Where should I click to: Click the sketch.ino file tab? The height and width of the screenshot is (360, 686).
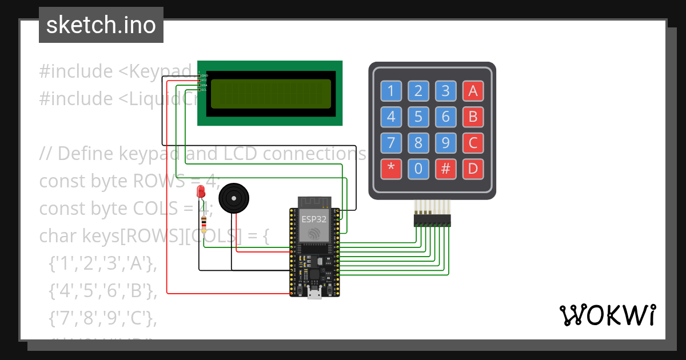pos(101,25)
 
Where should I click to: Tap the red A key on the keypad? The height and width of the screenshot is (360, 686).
pos(473,90)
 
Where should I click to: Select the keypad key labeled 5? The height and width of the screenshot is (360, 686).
pos(418,117)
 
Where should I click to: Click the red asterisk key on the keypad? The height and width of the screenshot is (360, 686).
pos(391,169)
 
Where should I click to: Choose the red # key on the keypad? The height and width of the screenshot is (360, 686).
pos(445,169)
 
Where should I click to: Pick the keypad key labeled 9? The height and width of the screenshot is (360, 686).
pos(445,142)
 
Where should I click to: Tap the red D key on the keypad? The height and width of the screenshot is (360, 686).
pos(473,169)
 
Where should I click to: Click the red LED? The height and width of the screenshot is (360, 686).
pos(201,192)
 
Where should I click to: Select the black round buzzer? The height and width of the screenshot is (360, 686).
pos(234,198)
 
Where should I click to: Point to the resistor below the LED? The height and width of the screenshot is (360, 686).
pos(204,223)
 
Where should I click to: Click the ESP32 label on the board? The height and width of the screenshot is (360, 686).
pos(314,219)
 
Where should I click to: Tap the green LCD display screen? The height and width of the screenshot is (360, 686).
pos(270,94)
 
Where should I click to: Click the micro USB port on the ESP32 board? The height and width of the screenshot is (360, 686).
pos(314,294)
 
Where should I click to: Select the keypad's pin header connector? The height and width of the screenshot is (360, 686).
pos(432,219)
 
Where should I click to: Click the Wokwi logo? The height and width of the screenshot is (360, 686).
pos(607,315)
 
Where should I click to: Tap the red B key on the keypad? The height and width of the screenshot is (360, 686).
pos(473,117)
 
